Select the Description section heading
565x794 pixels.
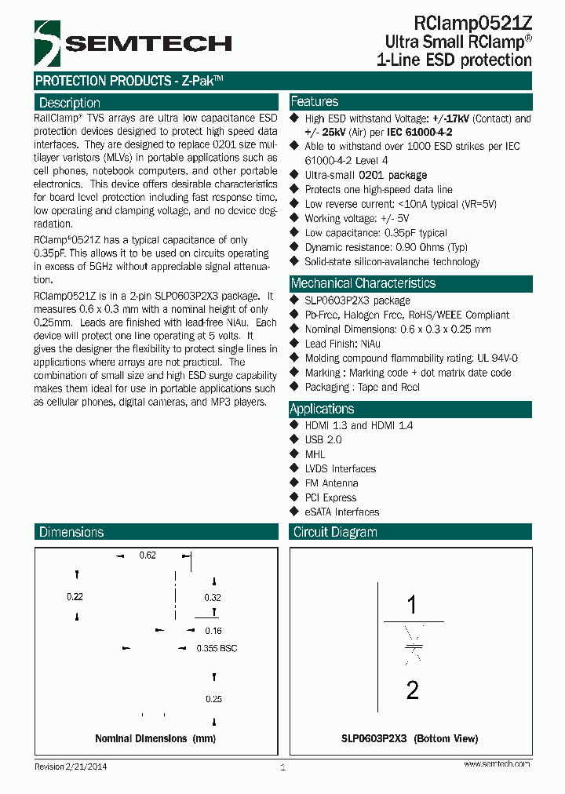tap(70, 103)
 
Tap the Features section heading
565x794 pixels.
tap(315, 102)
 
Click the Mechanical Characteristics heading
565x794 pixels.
tap(363, 283)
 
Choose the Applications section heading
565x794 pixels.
tap(322, 409)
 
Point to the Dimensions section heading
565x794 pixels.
tap(71, 532)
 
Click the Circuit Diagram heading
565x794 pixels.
tap(335, 532)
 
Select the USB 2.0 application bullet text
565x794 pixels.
tap(323, 439)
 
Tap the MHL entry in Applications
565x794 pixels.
tap(315, 454)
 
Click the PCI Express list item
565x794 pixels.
tap(330, 497)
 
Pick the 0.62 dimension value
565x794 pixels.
tap(148, 555)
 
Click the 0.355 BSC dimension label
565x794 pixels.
tap(217, 648)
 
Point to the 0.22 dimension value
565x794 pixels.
tap(75, 597)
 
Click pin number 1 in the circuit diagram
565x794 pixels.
tap(412, 605)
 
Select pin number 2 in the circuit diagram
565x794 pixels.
tap(412, 690)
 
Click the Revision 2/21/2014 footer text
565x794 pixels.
tap(71, 767)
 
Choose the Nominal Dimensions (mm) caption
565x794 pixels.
tap(155, 738)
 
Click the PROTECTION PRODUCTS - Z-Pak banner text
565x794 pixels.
tap(129, 81)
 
